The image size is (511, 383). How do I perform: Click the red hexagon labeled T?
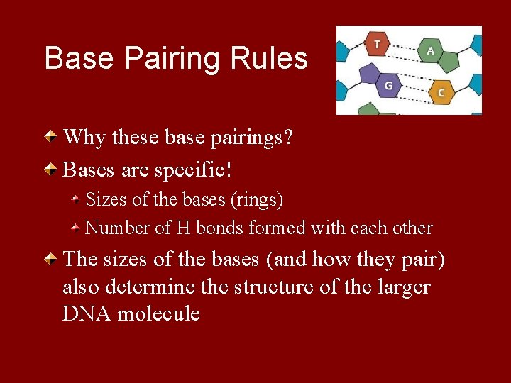point(377,45)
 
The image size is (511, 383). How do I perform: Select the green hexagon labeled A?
point(430,52)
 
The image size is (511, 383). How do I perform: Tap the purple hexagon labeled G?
point(388,85)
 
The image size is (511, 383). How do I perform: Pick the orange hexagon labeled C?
point(441,92)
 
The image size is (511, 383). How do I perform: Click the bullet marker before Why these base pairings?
point(51,136)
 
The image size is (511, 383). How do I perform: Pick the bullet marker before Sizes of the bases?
point(75,200)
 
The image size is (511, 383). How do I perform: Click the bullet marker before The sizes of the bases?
point(51,260)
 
